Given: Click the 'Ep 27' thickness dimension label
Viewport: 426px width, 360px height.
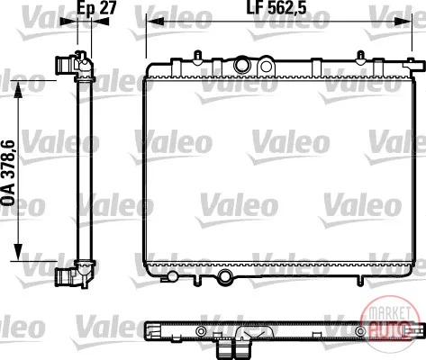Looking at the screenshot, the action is [96, 8].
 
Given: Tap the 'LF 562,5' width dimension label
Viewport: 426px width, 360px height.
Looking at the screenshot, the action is [276, 8].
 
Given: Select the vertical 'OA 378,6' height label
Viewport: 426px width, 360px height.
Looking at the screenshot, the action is [8, 173].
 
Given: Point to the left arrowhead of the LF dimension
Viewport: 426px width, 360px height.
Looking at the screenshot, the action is [155, 22].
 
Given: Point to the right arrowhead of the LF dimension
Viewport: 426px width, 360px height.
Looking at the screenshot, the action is [403, 22].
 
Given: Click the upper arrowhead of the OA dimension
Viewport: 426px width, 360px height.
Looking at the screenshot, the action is [18, 89].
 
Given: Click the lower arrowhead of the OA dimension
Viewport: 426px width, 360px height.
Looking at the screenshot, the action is [18, 252].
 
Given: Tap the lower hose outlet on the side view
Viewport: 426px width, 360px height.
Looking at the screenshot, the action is [65, 277].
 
